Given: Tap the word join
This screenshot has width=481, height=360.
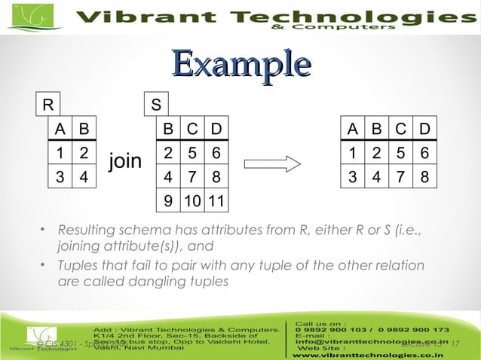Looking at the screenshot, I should coord(125,161).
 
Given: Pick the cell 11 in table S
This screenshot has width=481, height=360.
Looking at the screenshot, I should coord(217,202).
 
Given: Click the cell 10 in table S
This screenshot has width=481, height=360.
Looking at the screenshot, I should coord(193,202).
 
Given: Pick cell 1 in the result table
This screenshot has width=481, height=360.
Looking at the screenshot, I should coord(352,153).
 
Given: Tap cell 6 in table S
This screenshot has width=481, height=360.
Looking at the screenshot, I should coord(216,153).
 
